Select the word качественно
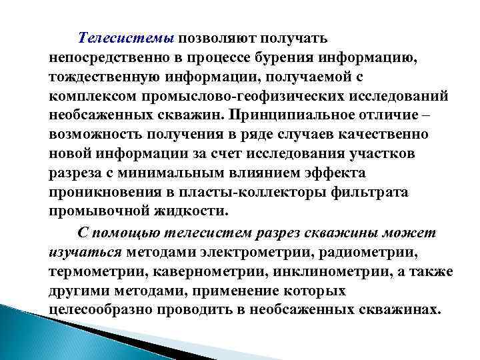coord(391,133)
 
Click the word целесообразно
coord(100,311)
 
